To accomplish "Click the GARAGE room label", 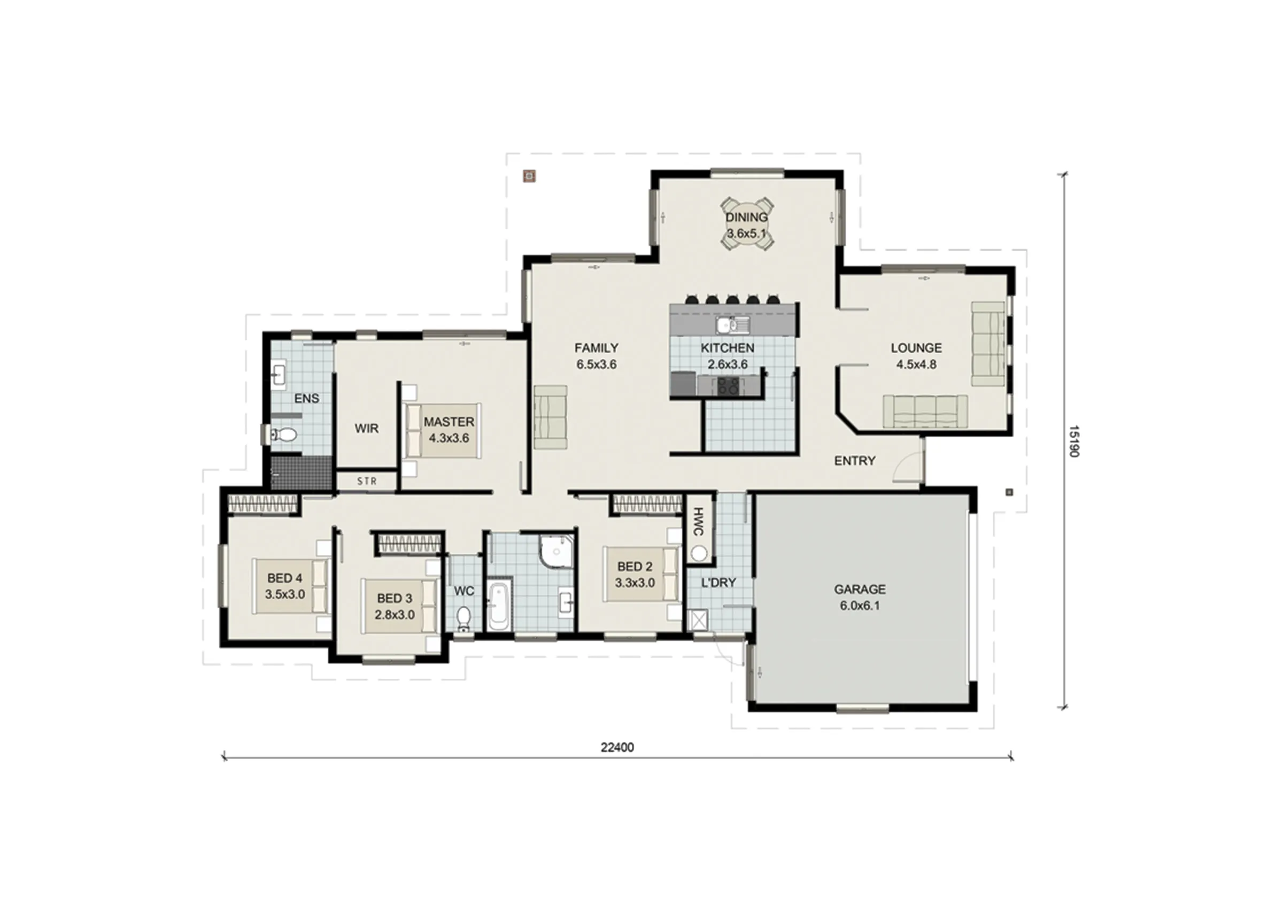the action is (860, 589).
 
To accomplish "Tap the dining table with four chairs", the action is (747, 224).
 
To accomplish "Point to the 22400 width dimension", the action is (617, 747).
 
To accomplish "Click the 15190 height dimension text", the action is (1073, 441).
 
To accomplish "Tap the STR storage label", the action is (367, 481).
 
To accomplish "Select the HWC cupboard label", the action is (698, 522).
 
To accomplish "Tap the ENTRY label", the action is (854, 461).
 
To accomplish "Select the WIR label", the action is (367, 429).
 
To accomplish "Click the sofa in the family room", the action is (551, 417).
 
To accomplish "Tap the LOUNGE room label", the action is (916, 347).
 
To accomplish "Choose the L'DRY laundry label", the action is (718, 583).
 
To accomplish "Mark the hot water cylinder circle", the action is (699, 553).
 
